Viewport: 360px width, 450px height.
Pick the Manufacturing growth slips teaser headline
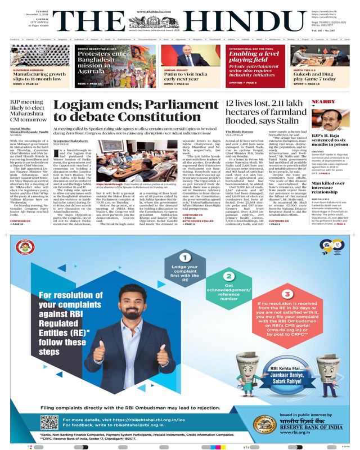[x=39, y=76]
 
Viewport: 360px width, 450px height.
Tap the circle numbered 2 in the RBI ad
[x=228, y=276]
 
